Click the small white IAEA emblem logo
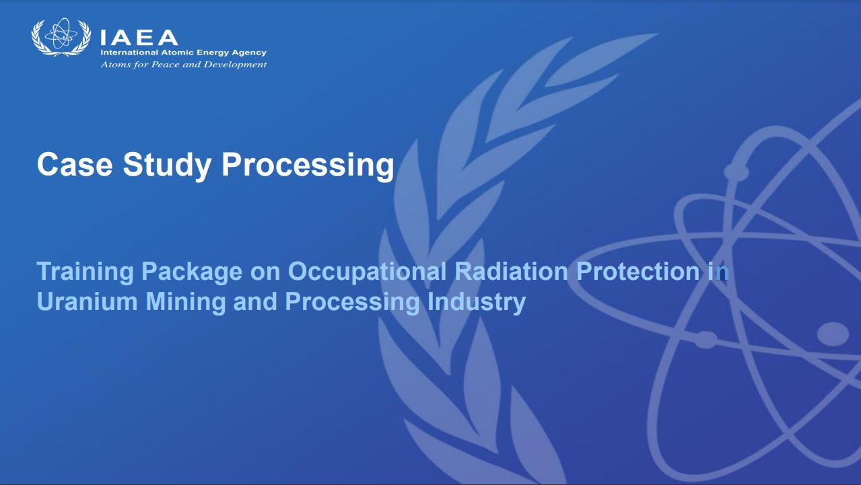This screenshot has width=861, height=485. (x=61, y=37)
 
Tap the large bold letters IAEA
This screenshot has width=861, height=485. (x=139, y=38)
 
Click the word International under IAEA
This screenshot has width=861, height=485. (x=129, y=52)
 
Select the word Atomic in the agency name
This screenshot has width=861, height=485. (x=178, y=52)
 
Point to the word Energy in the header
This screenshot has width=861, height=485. (x=213, y=53)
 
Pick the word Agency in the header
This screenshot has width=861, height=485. (x=249, y=53)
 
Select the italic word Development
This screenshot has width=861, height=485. (x=235, y=65)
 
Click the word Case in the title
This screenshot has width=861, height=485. (x=75, y=164)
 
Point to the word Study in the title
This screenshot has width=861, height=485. (x=167, y=166)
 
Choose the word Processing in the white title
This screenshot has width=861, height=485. (x=308, y=166)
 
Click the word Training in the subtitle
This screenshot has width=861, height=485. (x=85, y=272)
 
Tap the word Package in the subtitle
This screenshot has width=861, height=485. (x=192, y=272)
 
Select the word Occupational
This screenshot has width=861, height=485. (x=367, y=272)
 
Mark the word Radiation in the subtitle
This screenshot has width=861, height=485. (x=511, y=271)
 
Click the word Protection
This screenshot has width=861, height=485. (x=638, y=271)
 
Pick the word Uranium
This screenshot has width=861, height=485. (x=88, y=301)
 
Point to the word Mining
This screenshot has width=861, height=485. (x=186, y=303)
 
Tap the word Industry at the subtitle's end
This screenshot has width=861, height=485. (x=476, y=303)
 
